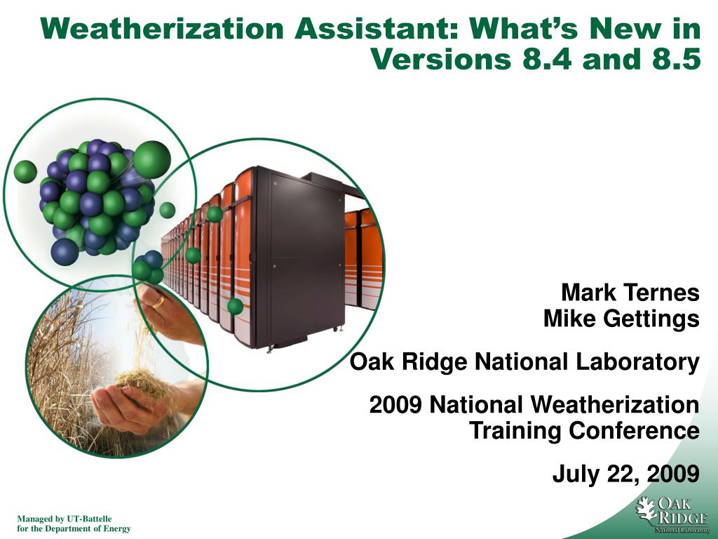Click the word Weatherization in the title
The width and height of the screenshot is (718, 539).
pyautogui.click(x=162, y=28)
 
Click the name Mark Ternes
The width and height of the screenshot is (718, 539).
pyautogui.click(x=630, y=292)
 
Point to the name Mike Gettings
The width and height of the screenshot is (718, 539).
pyautogui.click(x=621, y=318)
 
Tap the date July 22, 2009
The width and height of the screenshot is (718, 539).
pyautogui.click(x=626, y=474)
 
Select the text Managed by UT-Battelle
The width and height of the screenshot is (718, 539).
pyautogui.click(x=64, y=519)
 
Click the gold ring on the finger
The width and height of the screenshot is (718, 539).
pyautogui.click(x=158, y=301)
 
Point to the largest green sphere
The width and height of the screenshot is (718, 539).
pyautogui.click(x=152, y=159)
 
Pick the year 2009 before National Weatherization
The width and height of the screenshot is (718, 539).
pyautogui.click(x=395, y=405)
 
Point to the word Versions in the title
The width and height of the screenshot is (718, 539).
pyautogui.click(x=440, y=59)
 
